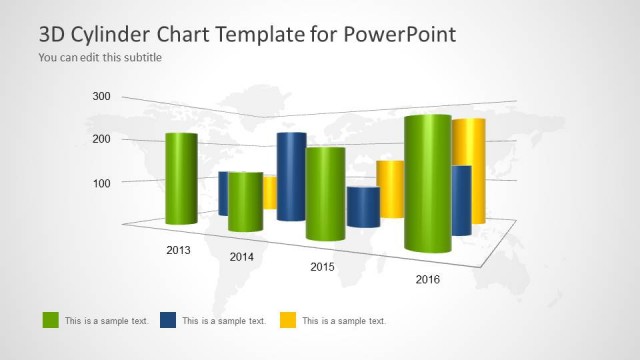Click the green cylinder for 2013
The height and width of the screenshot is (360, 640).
pyautogui.click(x=180, y=178)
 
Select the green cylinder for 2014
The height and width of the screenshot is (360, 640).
pyautogui.click(x=244, y=201)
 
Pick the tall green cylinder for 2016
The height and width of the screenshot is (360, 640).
pyautogui.click(x=427, y=183)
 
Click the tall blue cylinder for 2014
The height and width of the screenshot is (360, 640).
pyautogui.click(x=291, y=176)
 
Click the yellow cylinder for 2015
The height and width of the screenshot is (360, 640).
pyautogui.click(x=391, y=188)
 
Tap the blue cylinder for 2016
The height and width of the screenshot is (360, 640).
pyautogui.click(x=461, y=200)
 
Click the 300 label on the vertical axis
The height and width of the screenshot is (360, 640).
pyautogui.click(x=102, y=96)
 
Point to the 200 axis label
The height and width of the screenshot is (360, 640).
pyautogui.click(x=102, y=139)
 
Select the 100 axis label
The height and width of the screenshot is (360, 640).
pyautogui.click(x=102, y=182)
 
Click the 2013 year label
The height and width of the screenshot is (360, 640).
pyautogui.click(x=179, y=249)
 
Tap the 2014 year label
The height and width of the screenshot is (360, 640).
pyautogui.click(x=242, y=257)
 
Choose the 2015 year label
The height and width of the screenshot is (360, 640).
pyautogui.click(x=322, y=267)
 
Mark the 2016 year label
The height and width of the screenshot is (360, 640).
pyautogui.click(x=427, y=279)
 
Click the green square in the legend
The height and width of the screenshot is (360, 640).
pyautogui.click(x=50, y=320)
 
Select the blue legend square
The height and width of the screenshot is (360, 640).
pyautogui.click(x=168, y=320)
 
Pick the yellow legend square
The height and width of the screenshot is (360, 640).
pyautogui.click(x=286, y=320)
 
